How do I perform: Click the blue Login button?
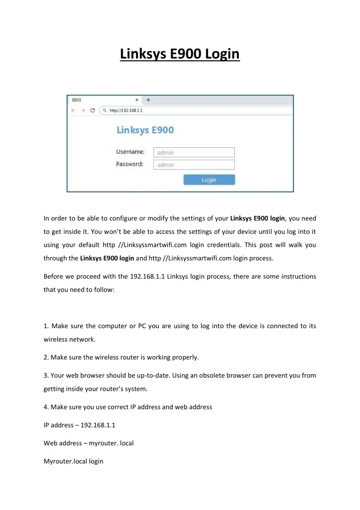click(x=209, y=180)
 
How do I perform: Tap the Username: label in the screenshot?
click(x=130, y=152)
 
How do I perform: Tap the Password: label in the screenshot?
click(x=130, y=164)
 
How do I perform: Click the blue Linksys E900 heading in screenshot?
click(x=145, y=130)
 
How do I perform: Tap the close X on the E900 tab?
click(x=137, y=100)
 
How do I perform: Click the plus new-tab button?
click(x=148, y=100)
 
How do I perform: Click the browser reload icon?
click(x=92, y=110)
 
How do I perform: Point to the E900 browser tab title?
click(x=77, y=100)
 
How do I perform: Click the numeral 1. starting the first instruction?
click(x=46, y=326)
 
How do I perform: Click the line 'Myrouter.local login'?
click(x=74, y=461)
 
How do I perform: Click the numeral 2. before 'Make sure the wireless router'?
click(x=47, y=357)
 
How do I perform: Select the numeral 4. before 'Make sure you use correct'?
click(x=47, y=407)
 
